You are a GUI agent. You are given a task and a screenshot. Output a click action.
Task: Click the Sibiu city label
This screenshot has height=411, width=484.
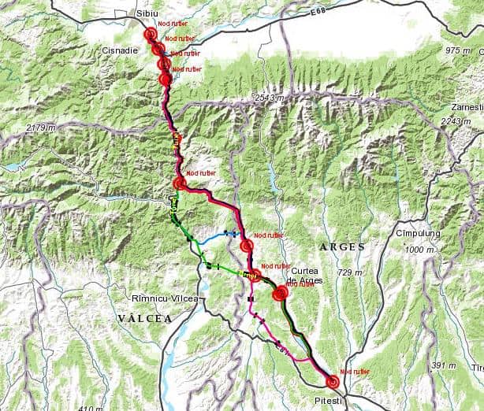[x=147, y=14]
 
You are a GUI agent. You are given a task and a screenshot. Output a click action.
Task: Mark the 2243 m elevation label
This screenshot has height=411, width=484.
[x=456, y=120]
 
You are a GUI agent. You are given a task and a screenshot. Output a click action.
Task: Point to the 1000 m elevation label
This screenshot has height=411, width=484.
[x=421, y=250]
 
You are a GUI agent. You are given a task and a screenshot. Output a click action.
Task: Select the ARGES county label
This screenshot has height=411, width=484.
[x=341, y=247]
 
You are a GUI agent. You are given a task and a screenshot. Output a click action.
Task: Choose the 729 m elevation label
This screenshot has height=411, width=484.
[x=350, y=272]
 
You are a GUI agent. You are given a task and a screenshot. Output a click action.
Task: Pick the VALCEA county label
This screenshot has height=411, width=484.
[x=144, y=318]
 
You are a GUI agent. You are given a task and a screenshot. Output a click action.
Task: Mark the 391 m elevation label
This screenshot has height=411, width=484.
[x=444, y=365]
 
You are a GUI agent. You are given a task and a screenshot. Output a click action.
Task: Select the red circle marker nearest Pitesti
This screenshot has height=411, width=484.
[x=333, y=382]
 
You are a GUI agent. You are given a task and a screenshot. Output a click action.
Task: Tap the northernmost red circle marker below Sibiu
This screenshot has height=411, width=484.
[x=151, y=34]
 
